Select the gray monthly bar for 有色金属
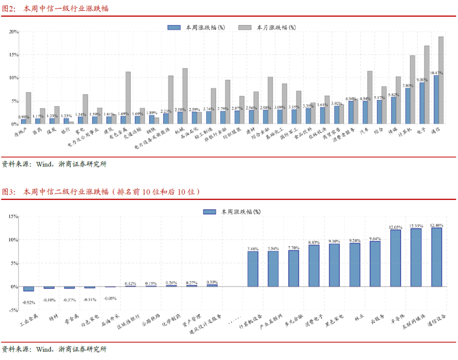128,98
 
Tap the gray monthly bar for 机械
185,96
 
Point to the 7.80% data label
408,85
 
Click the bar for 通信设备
436,257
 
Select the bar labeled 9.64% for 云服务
375,264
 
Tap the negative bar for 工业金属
29,289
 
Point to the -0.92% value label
29,303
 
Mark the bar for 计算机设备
253,269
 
